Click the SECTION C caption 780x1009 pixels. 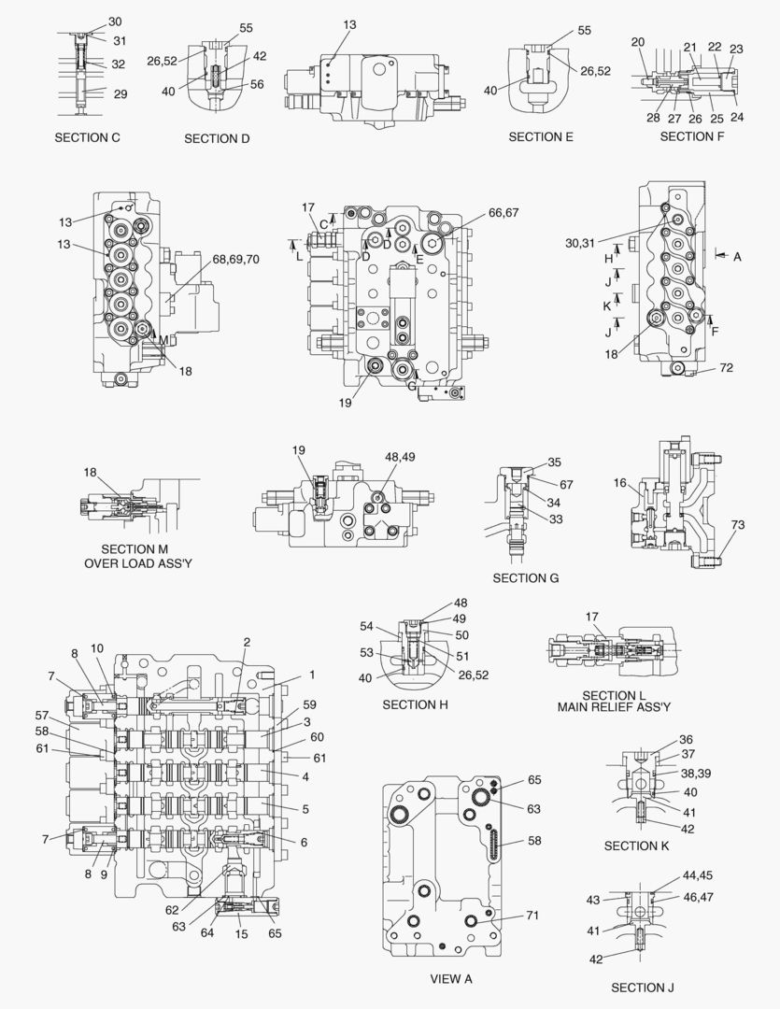coord(87,138)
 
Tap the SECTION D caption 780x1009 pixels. coord(217,139)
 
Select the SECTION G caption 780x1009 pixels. coord(526,578)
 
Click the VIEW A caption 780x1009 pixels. coord(451,979)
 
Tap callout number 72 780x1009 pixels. coord(726,369)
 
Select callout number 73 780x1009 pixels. coord(738,526)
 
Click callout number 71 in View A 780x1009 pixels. coord(532,916)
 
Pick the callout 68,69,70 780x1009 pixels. coord(236,258)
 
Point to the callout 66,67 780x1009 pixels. coord(503,213)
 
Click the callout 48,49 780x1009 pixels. coord(403,457)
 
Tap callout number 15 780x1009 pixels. coord(242,934)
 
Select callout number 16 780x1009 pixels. coord(619,482)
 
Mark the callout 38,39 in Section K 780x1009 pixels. coord(694,775)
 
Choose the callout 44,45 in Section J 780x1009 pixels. coord(697,876)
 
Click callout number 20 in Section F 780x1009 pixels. coord(638,42)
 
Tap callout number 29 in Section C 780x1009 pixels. coord(121,93)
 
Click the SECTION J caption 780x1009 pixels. coord(643,988)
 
